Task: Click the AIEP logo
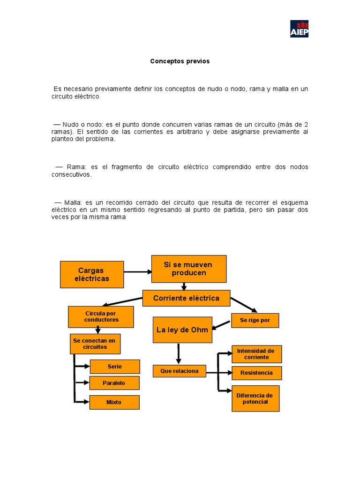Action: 299,29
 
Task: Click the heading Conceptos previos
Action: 180,61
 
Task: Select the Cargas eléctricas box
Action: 92,274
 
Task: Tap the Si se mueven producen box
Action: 188,269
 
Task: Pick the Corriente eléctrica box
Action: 187,298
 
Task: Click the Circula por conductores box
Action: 101,316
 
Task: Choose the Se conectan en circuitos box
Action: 95,344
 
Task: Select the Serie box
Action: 114,367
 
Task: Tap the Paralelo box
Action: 114,383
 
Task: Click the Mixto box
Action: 114,402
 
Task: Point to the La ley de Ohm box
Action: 182,330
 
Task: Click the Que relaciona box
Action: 180,371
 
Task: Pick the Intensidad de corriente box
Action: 256,354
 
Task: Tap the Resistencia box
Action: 256,373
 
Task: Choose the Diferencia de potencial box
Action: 255,398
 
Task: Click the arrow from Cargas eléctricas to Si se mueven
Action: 137,271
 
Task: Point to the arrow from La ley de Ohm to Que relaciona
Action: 178,353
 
